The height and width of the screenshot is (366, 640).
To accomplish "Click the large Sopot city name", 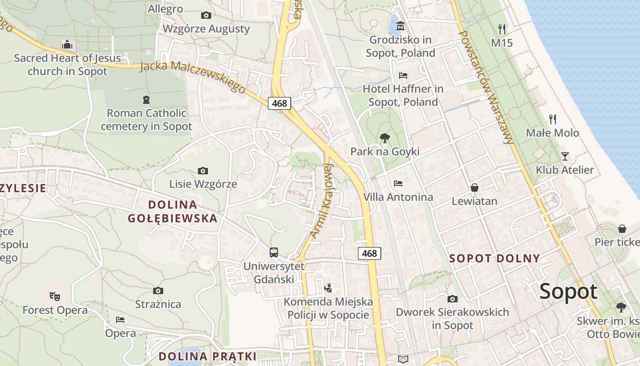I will [568, 291].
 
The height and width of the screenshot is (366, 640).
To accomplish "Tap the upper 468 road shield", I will [279, 103].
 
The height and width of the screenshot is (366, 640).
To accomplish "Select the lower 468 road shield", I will [369, 253].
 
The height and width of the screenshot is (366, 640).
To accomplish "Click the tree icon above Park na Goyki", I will [385, 138].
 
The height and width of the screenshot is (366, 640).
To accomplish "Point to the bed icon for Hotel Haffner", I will [403, 75].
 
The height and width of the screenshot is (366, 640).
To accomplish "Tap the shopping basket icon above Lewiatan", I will [475, 188].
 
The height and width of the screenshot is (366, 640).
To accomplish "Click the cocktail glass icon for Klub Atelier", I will [565, 156].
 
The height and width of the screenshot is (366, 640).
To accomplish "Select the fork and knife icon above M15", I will [502, 29].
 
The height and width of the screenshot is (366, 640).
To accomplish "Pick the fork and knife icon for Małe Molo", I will [553, 119].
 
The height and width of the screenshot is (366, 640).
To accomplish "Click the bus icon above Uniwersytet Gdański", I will [274, 252].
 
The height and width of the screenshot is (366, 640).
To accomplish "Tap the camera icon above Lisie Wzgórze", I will [203, 171].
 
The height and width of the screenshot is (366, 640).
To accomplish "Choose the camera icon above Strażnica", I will [158, 291].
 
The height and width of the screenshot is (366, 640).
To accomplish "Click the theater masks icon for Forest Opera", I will [55, 296].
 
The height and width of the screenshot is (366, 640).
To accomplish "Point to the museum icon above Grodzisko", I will [400, 27].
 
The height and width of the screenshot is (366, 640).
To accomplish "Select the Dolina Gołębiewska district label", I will [173, 211].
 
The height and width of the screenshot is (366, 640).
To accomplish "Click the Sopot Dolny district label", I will [495, 258].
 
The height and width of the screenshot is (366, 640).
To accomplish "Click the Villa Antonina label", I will [398, 197].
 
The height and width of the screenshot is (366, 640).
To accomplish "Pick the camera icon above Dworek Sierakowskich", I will [452, 299].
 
